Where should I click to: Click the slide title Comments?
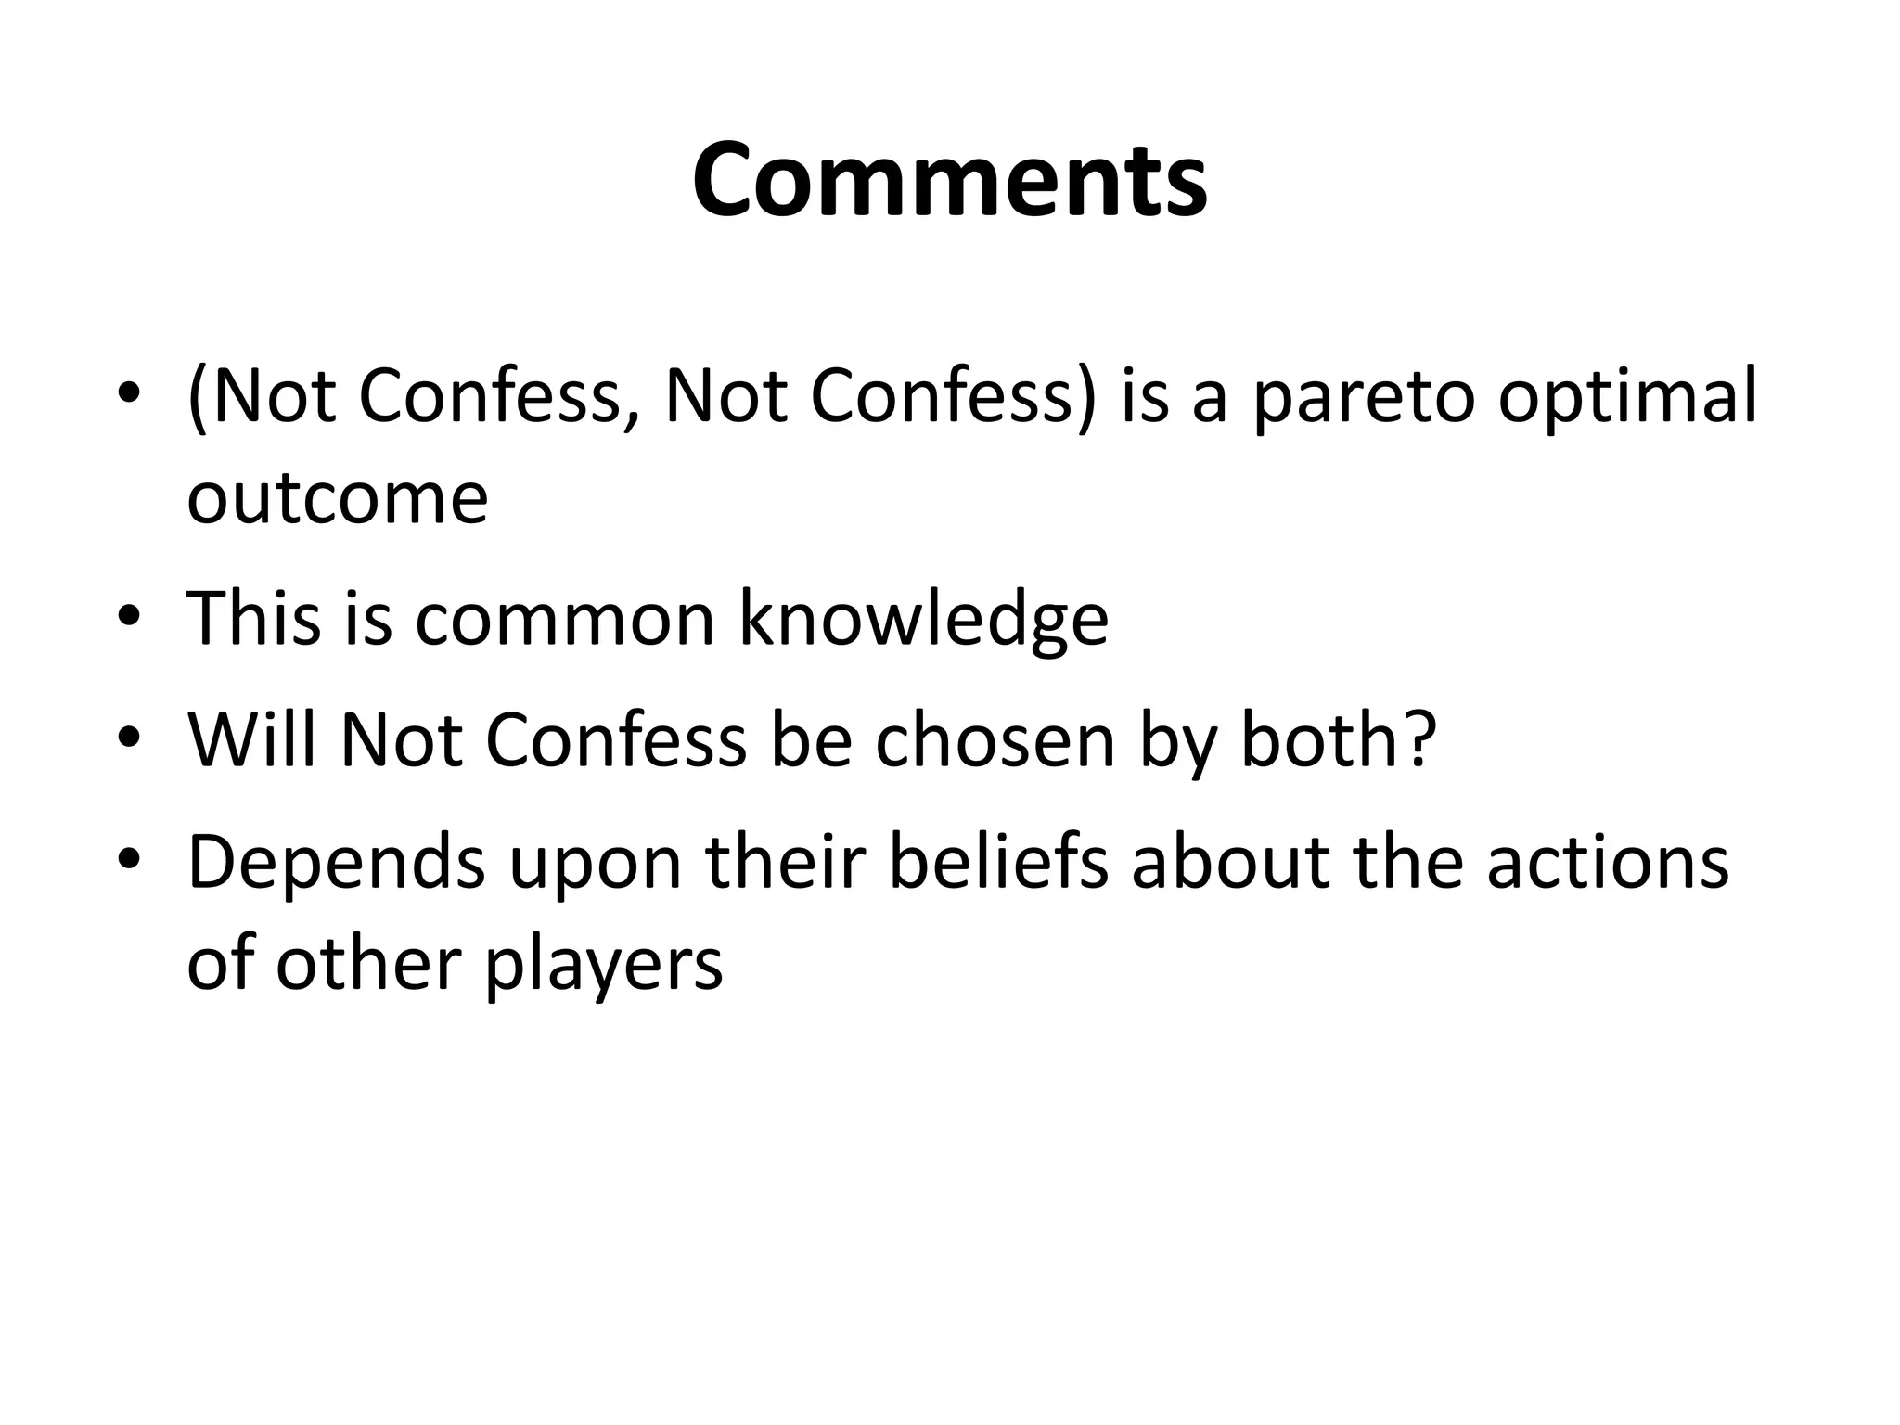(949, 180)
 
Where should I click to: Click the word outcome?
(338, 499)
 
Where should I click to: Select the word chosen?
(995, 740)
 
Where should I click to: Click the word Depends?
(336, 863)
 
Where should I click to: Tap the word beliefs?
(997, 863)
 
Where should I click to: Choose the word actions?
(1608, 863)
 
